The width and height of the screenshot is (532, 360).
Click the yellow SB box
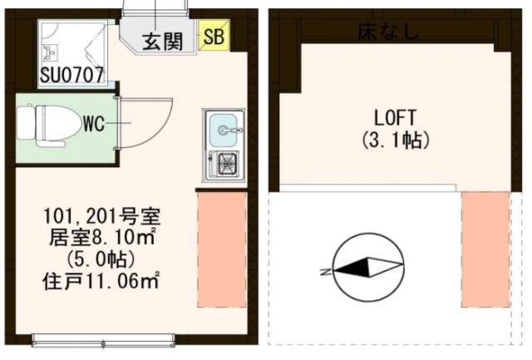click(214, 36)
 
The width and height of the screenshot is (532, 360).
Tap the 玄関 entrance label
click(163, 42)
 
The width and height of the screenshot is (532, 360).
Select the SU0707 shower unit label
click(71, 75)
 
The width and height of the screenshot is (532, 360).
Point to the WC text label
click(94, 124)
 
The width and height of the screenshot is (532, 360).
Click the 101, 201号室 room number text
click(101, 216)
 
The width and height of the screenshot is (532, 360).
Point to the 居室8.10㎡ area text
click(101, 237)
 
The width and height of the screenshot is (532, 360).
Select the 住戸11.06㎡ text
click(101, 281)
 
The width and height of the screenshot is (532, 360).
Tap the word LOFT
click(395, 118)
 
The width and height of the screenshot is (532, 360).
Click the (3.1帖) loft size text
click(396, 140)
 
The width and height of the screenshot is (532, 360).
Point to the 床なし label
click(388, 32)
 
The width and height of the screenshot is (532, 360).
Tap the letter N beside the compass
click(326, 272)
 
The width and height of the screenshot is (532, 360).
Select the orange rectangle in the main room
click(222, 250)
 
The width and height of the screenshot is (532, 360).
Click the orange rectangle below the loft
click(485, 249)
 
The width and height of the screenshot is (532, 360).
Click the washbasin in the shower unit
click(50, 52)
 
